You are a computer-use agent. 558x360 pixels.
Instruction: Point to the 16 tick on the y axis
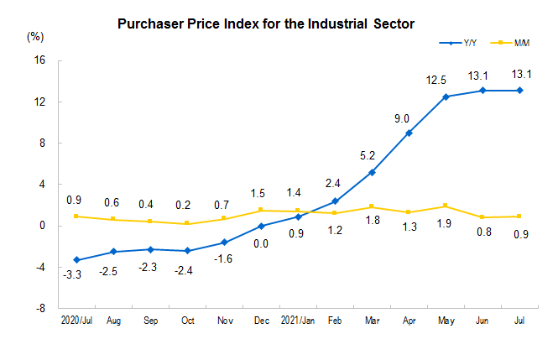[39, 60]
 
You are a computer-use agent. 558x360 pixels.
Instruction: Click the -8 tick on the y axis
[39, 309]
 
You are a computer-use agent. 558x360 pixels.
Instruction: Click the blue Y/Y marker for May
[446, 97]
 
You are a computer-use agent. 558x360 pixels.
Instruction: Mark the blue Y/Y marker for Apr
[409, 133]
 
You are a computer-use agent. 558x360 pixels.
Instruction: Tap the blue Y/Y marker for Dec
[261, 226]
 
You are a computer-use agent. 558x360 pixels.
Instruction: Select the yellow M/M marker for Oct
[187, 223]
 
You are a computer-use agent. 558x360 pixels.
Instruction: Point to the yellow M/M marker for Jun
[482, 217]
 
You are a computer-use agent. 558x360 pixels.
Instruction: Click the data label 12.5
[446, 80]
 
